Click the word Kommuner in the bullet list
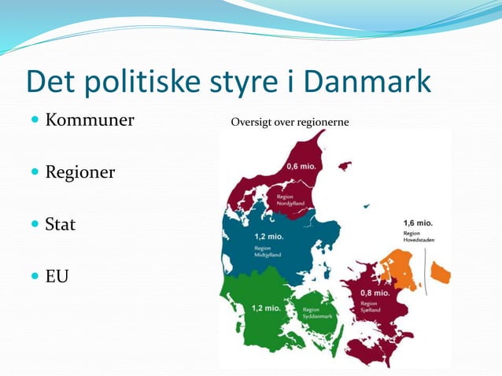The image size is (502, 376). click(90, 120)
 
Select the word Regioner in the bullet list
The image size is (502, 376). click(80, 171)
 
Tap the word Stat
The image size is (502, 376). click(61, 224)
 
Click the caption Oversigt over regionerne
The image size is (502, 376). click(289, 123)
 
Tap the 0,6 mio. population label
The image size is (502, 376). click(302, 167)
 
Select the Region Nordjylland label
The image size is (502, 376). click(291, 200)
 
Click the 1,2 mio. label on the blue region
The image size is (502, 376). click(269, 237)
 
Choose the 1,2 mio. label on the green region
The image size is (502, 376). click(266, 308)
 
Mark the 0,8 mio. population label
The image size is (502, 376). click(375, 293)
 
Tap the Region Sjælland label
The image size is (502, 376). click(370, 307)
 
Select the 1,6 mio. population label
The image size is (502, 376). click(418, 223)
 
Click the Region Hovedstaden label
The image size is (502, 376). click(417, 237)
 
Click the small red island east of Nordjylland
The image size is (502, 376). click(343, 166)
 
